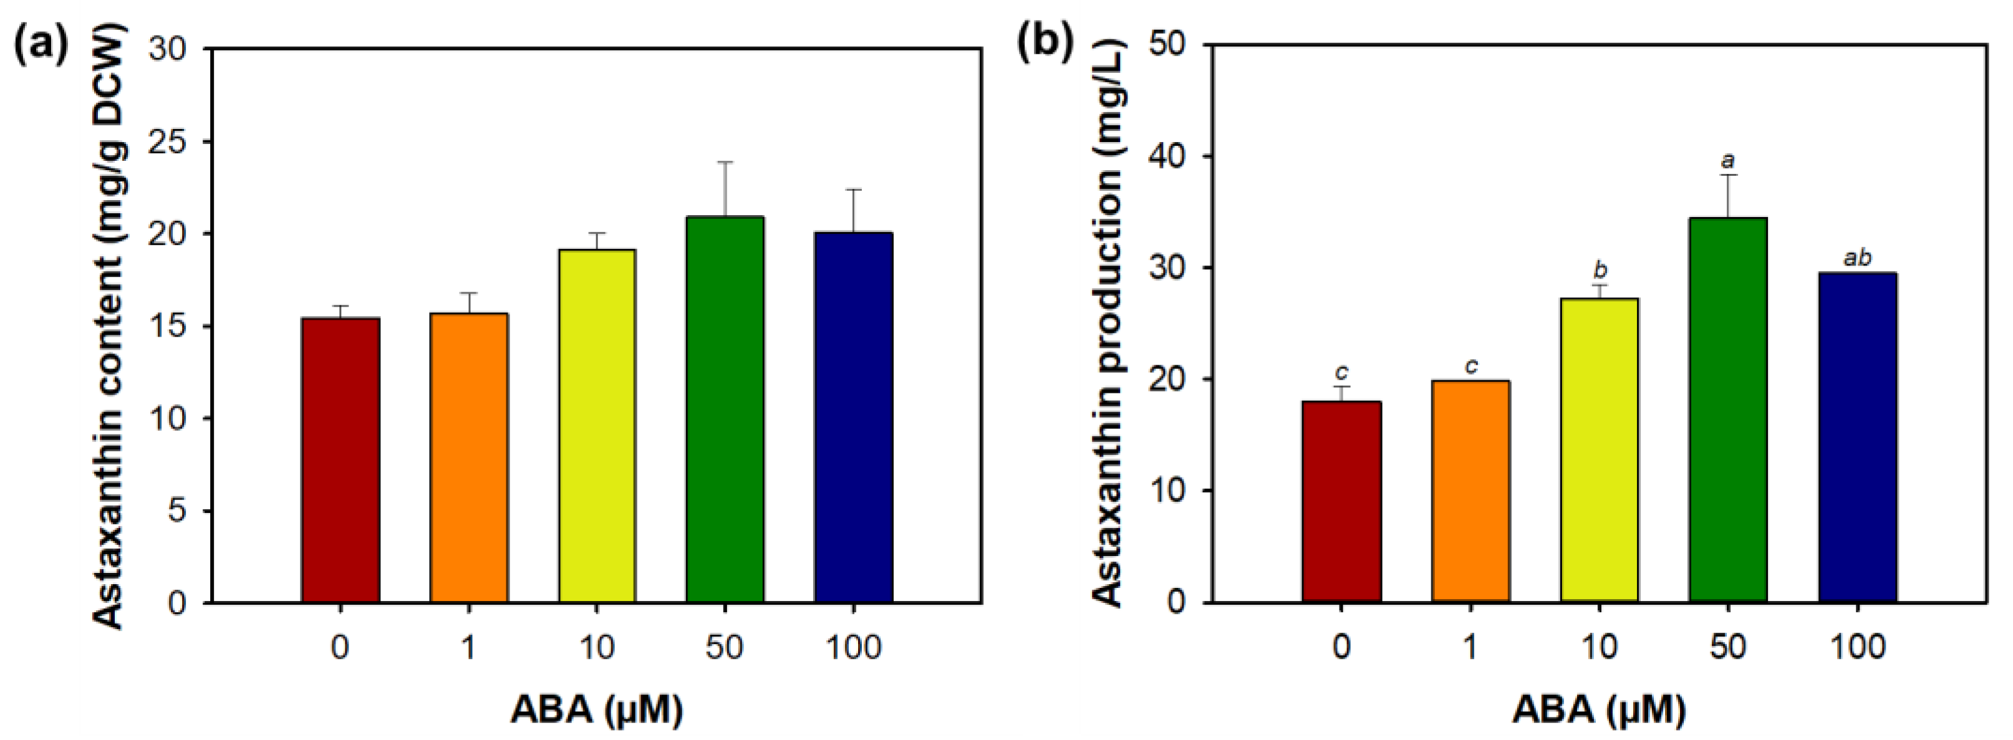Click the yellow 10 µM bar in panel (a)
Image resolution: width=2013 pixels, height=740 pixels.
point(597,426)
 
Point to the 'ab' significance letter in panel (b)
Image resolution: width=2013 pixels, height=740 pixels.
point(1858,258)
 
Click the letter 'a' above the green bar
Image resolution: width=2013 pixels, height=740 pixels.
point(1729,161)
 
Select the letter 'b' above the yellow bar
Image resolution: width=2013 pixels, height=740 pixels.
point(1600,271)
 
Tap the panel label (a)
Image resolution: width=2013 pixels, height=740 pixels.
point(41,46)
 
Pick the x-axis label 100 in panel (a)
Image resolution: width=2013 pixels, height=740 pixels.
point(853,648)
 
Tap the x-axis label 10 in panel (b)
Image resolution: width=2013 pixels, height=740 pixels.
point(1600,647)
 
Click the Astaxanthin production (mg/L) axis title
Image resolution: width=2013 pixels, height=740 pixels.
point(1108,324)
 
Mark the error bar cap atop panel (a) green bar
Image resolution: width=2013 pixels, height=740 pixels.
point(725,161)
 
